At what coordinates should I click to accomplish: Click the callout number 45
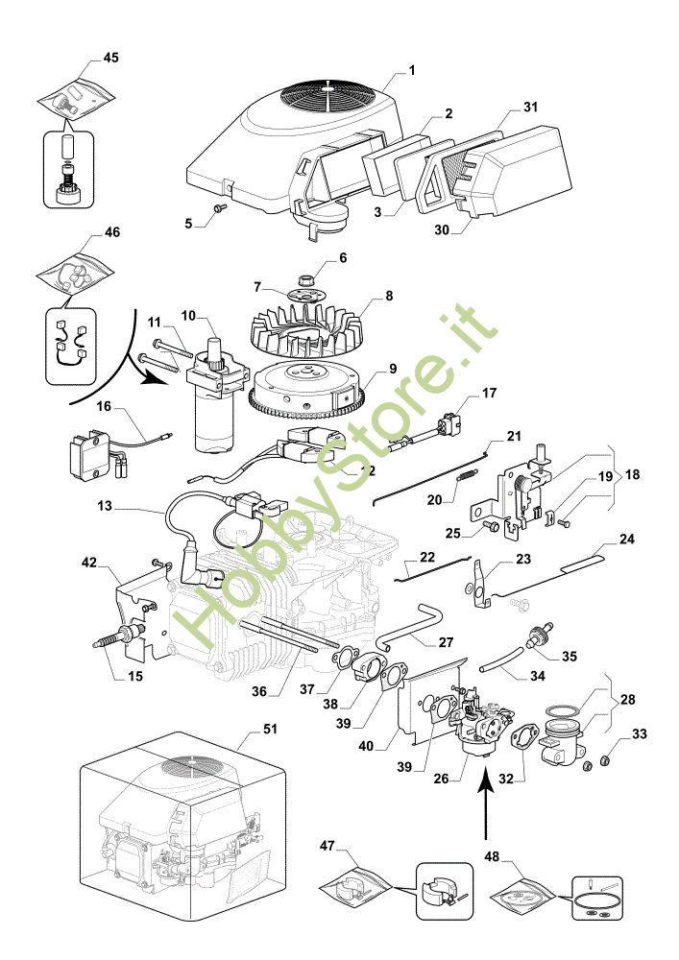click(110, 58)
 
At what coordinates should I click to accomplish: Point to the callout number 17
click(489, 393)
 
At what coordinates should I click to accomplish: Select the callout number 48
click(493, 856)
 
